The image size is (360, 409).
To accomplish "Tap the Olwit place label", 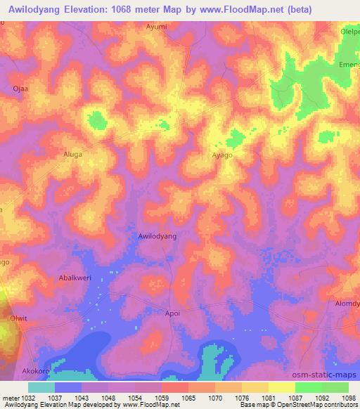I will (x=18, y=318).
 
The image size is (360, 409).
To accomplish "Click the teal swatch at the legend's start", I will (x=41, y=387).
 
